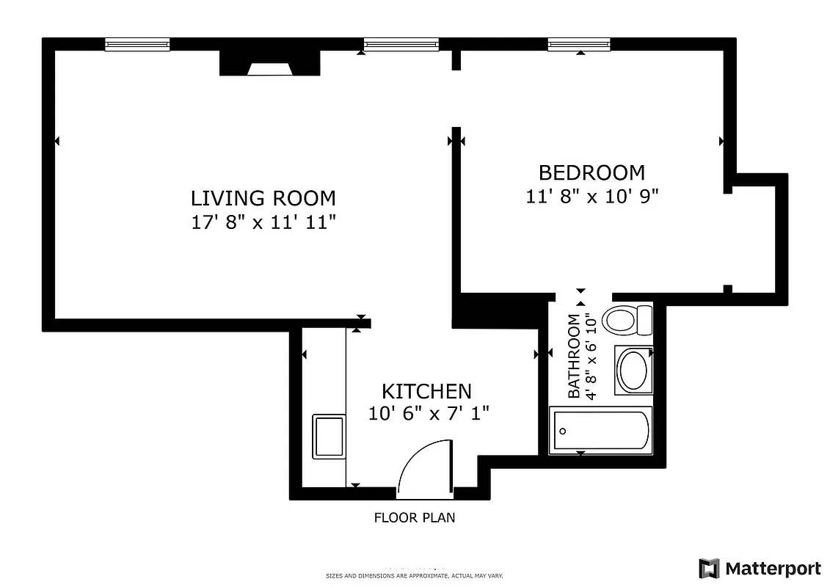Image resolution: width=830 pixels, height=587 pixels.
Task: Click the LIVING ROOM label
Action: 263,198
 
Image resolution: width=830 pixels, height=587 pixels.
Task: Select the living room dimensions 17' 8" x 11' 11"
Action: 263,222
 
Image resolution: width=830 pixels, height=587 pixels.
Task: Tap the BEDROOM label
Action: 591,172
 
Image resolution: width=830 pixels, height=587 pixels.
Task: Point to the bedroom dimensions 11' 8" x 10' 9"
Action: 591,197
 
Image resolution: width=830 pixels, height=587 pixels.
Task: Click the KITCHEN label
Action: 426,391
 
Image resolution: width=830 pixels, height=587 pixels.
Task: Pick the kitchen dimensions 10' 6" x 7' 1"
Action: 429,414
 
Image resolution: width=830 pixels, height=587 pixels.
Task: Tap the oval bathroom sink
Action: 632,370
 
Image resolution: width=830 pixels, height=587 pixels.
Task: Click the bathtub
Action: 601,431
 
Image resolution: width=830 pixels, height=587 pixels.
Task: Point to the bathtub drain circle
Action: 562,431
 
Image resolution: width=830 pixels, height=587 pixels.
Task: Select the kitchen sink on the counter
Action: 329,437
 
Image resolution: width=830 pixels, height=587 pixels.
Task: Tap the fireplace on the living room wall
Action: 269,65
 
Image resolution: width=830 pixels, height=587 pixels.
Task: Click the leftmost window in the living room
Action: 137,45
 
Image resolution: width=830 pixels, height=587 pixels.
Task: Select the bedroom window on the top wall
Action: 579,45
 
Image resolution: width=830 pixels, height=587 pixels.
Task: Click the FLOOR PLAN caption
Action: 415,518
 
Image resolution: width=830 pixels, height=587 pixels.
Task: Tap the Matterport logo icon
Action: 709,569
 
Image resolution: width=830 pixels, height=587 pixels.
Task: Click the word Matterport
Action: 773,569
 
